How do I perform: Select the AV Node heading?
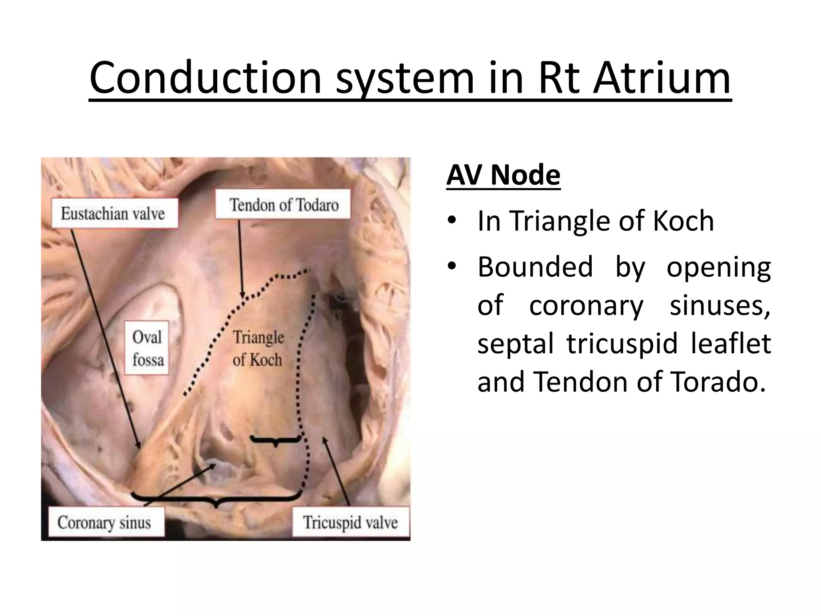click(x=503, y=175)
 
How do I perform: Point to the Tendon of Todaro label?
click(x=283, y=205)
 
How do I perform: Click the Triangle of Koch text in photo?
click(x=258, y=348)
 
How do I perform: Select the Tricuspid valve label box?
click(x=350, y=523)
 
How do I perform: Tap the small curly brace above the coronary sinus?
click(x=275, y=440)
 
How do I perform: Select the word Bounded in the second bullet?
click(x=535, y=267)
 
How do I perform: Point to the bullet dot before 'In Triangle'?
click(x=452, y=220)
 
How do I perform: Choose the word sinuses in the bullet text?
click(x=720, y=306)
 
